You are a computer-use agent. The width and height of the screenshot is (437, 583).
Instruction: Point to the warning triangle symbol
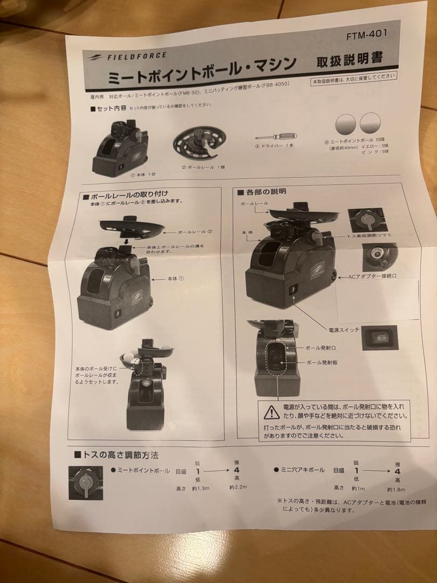[271, 412]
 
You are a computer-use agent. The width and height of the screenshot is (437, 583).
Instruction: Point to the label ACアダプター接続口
[372, 276]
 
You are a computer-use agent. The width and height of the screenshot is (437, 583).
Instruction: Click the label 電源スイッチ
[346, 329]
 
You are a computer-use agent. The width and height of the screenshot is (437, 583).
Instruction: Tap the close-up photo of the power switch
[380, 337]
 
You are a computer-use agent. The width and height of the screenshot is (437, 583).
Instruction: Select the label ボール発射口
[320, 348]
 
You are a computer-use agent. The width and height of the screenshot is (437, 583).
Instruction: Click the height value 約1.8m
[397, 489]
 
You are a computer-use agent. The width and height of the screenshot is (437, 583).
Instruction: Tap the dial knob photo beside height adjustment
[86, 482]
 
